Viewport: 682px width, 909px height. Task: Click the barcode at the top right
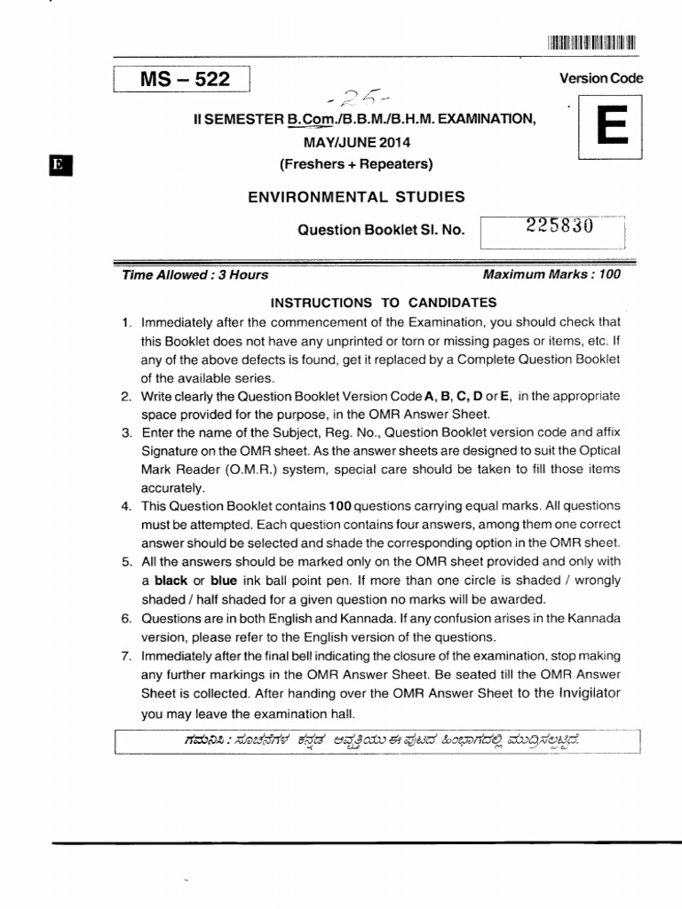coord(592,42)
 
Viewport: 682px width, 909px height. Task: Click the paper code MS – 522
coord(184,80)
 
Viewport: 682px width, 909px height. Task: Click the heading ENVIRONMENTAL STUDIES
coord(355,196)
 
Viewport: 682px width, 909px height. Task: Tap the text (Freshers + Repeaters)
coord(355,163)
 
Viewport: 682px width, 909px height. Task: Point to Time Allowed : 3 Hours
coord(194,275)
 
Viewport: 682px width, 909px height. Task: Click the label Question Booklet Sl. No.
coord(381,230)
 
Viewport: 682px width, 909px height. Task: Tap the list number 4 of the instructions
coord(126,506)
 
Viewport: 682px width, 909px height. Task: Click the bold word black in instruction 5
coord(172,581)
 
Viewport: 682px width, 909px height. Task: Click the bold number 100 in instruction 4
coord(341,506)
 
